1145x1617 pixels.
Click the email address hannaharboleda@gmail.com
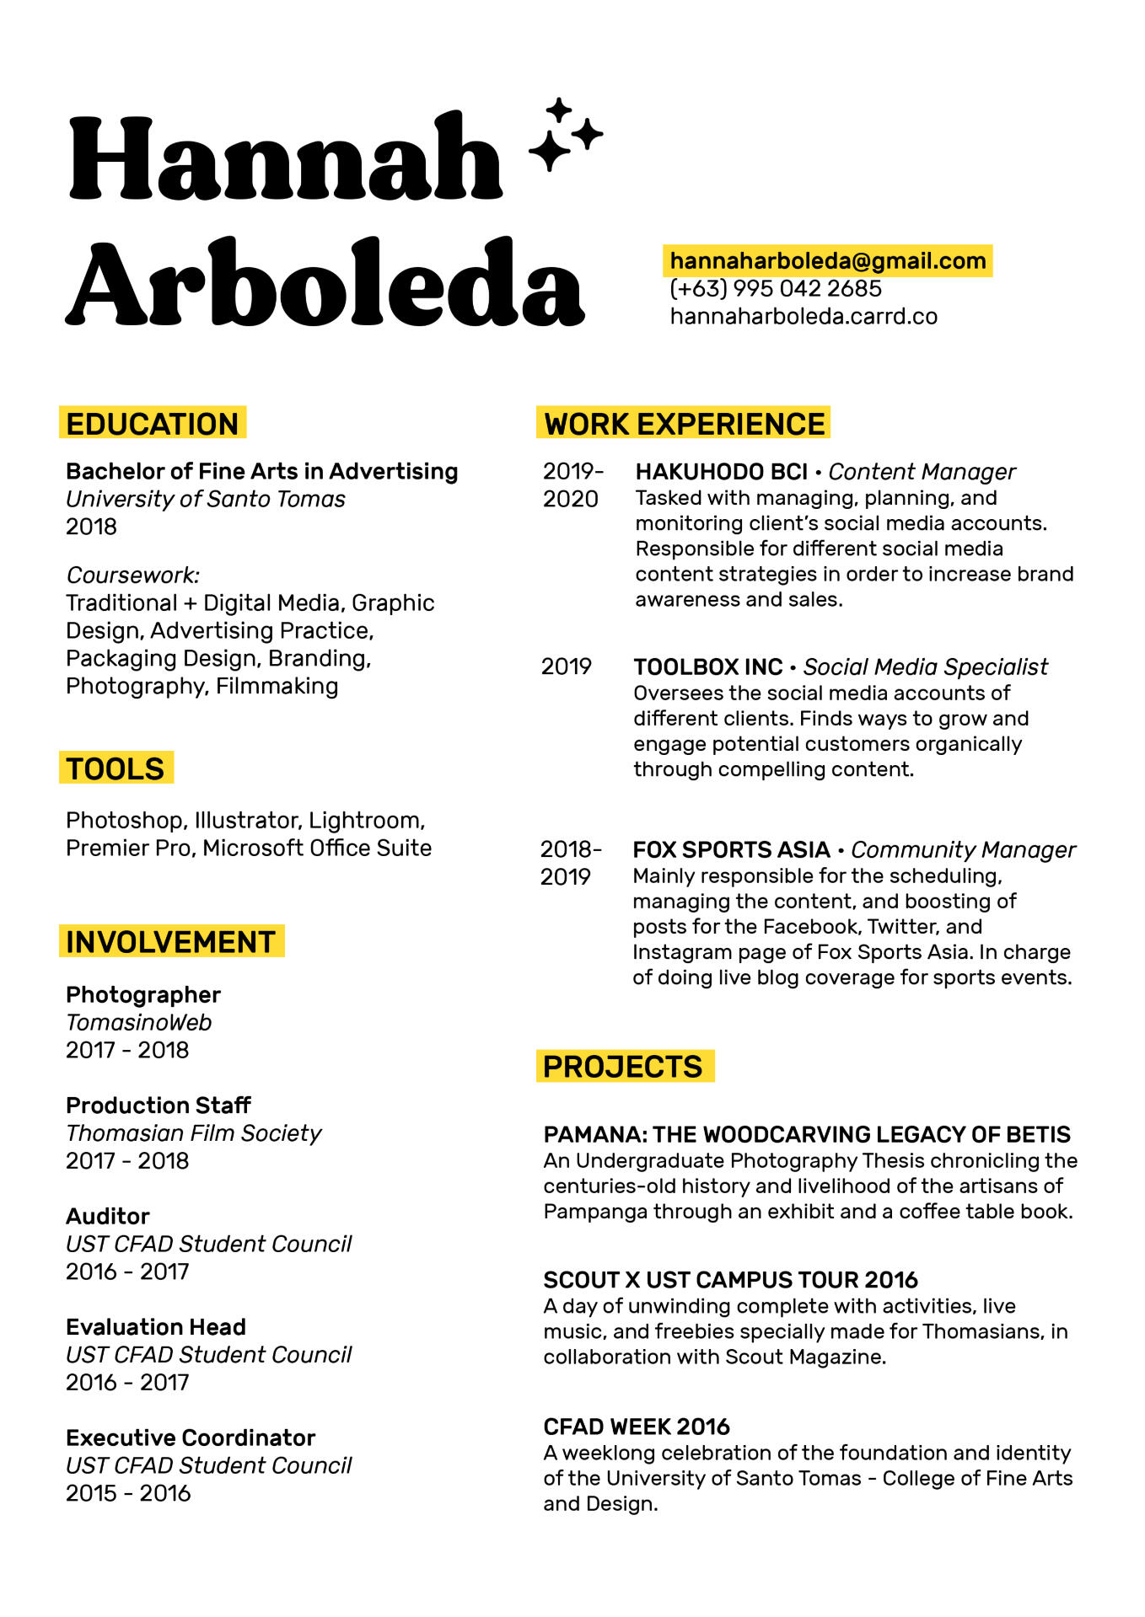827,261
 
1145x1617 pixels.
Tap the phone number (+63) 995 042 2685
775,289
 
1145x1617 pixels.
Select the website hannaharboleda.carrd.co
803,317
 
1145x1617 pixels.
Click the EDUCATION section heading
153,424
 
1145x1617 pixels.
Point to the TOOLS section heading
116,768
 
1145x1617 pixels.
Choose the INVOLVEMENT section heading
171,942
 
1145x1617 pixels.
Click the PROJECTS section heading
623,1067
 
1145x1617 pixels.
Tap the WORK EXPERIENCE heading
684,424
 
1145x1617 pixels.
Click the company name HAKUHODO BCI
721,472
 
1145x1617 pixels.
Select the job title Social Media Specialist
925,667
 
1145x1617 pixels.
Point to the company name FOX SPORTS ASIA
731,849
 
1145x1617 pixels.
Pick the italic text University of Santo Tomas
206,500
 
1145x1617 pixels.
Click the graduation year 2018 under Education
91,527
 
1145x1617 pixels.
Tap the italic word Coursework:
133,576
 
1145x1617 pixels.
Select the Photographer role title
143,995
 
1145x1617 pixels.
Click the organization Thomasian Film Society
194,1133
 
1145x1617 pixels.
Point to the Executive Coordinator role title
191,1438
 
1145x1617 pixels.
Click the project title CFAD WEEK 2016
637,1427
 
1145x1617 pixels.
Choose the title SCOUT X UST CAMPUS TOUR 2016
730,1280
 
